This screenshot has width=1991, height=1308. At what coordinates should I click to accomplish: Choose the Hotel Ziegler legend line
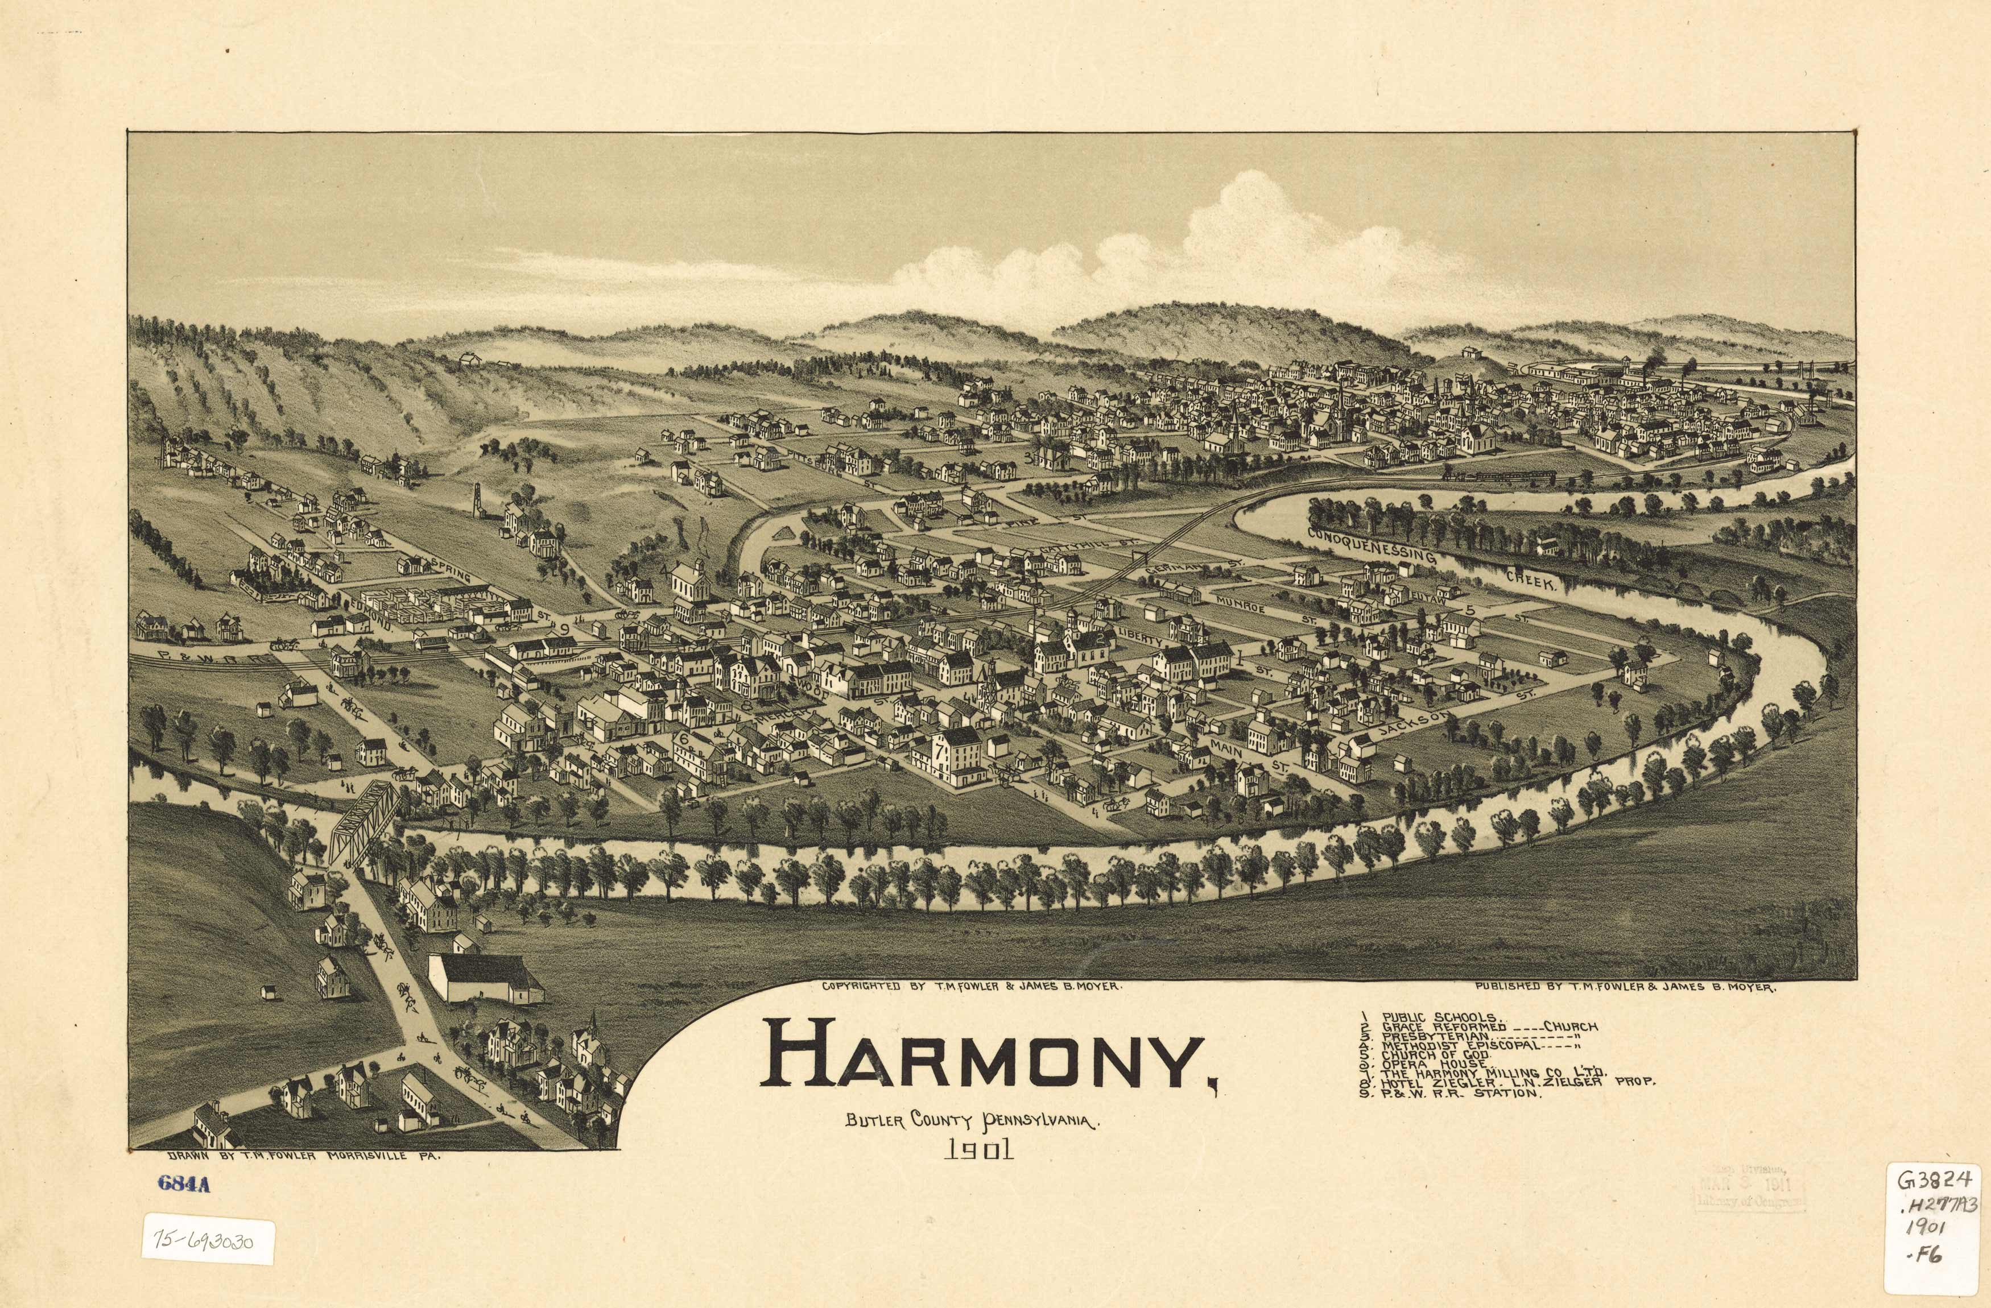pos(1506,1081)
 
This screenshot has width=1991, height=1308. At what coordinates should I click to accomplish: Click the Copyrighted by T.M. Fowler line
pos(971,987)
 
